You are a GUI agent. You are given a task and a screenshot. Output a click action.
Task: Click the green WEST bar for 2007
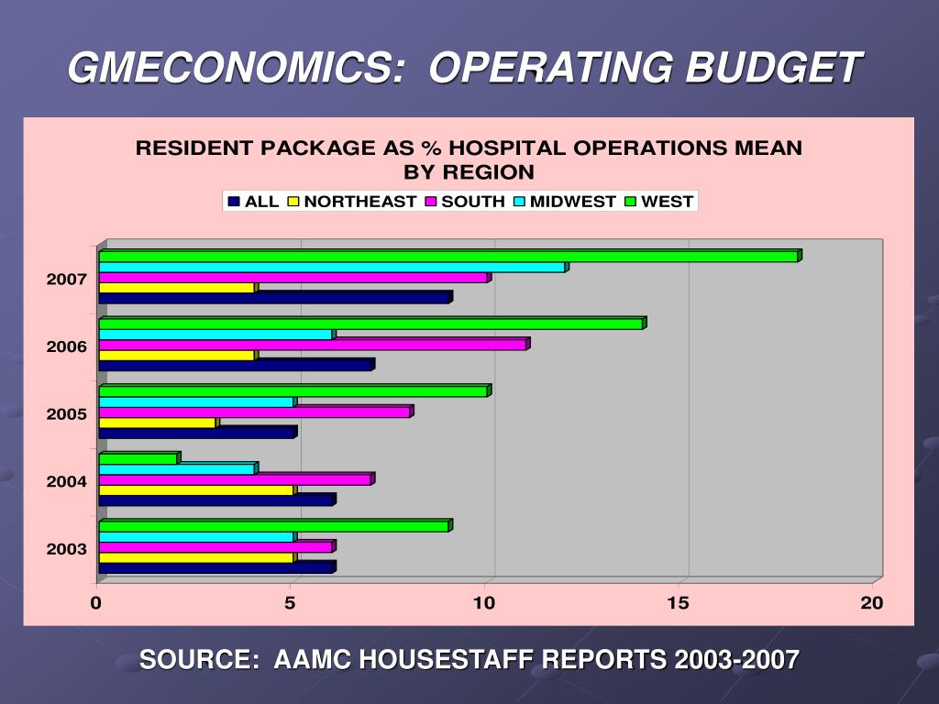449,257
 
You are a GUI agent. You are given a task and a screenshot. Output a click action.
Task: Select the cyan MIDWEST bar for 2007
332,268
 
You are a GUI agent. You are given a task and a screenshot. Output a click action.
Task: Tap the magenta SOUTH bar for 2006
312,345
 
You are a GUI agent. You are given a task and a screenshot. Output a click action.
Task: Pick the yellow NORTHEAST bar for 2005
158,423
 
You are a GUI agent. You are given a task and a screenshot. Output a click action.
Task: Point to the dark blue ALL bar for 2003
215,567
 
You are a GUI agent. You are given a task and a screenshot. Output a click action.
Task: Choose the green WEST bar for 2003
273,526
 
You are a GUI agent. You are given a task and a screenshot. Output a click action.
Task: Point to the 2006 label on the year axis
67,346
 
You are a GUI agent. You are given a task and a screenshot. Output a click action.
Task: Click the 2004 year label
67,481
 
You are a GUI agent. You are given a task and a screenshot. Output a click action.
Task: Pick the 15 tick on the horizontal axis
678,602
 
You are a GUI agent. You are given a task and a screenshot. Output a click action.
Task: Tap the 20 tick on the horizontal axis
871,602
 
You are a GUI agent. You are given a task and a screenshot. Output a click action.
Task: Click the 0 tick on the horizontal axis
95,602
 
